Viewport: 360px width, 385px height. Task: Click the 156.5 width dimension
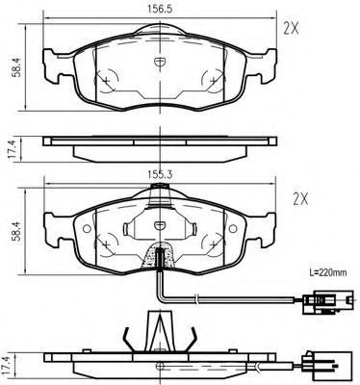(x=160, y=10)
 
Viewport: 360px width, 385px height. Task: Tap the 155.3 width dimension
(x=160, y=175)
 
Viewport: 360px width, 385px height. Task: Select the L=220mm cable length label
(x=328, y=273)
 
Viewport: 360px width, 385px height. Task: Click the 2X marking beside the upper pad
(x=291, y=30)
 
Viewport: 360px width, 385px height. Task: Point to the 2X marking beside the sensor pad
(x=300, y=200)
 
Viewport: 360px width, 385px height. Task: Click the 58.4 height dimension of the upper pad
(x=16, y=67)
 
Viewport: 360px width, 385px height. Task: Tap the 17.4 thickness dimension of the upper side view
(x=12, y=150)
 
